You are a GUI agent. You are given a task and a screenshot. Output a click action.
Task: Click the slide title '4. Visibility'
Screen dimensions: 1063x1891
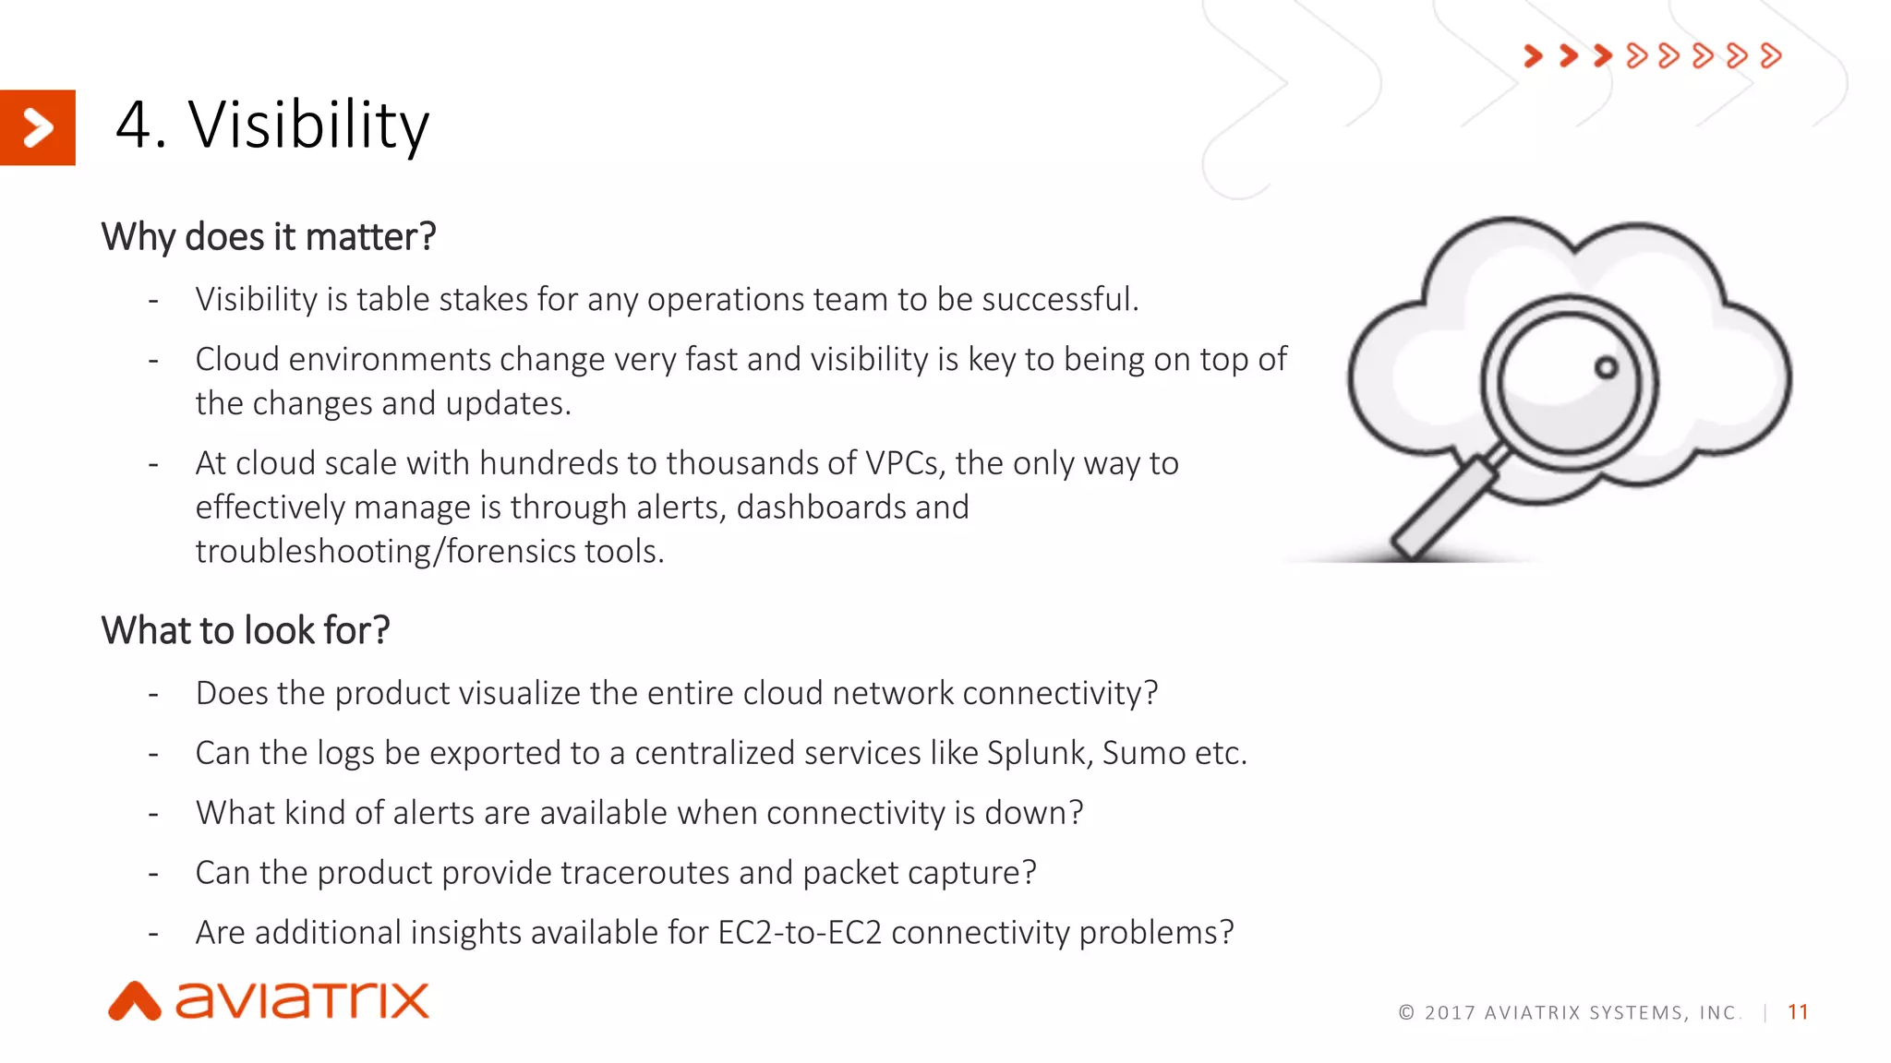pos(272,125)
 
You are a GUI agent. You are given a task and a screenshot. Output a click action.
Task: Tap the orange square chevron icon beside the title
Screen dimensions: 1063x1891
pos(37,127)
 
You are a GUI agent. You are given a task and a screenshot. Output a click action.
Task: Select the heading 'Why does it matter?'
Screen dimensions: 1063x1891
pos(268,237)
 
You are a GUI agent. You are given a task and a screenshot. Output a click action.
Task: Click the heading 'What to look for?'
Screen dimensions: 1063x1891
pos(246,631)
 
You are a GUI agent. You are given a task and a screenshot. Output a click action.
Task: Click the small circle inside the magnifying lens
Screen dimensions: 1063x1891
pos(1607,367)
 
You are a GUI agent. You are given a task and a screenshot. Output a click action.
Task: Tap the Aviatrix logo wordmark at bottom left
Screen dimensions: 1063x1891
pos(303,1001)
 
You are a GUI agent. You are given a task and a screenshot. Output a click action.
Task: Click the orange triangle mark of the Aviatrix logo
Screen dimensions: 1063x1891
pos(135,1002)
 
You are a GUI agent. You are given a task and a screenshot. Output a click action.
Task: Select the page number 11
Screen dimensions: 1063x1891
pos(1798,1012)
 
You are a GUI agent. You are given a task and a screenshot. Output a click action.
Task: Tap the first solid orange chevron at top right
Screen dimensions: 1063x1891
pos(1534,56)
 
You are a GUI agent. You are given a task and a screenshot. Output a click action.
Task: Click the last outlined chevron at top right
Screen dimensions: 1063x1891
pos(1770,56)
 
